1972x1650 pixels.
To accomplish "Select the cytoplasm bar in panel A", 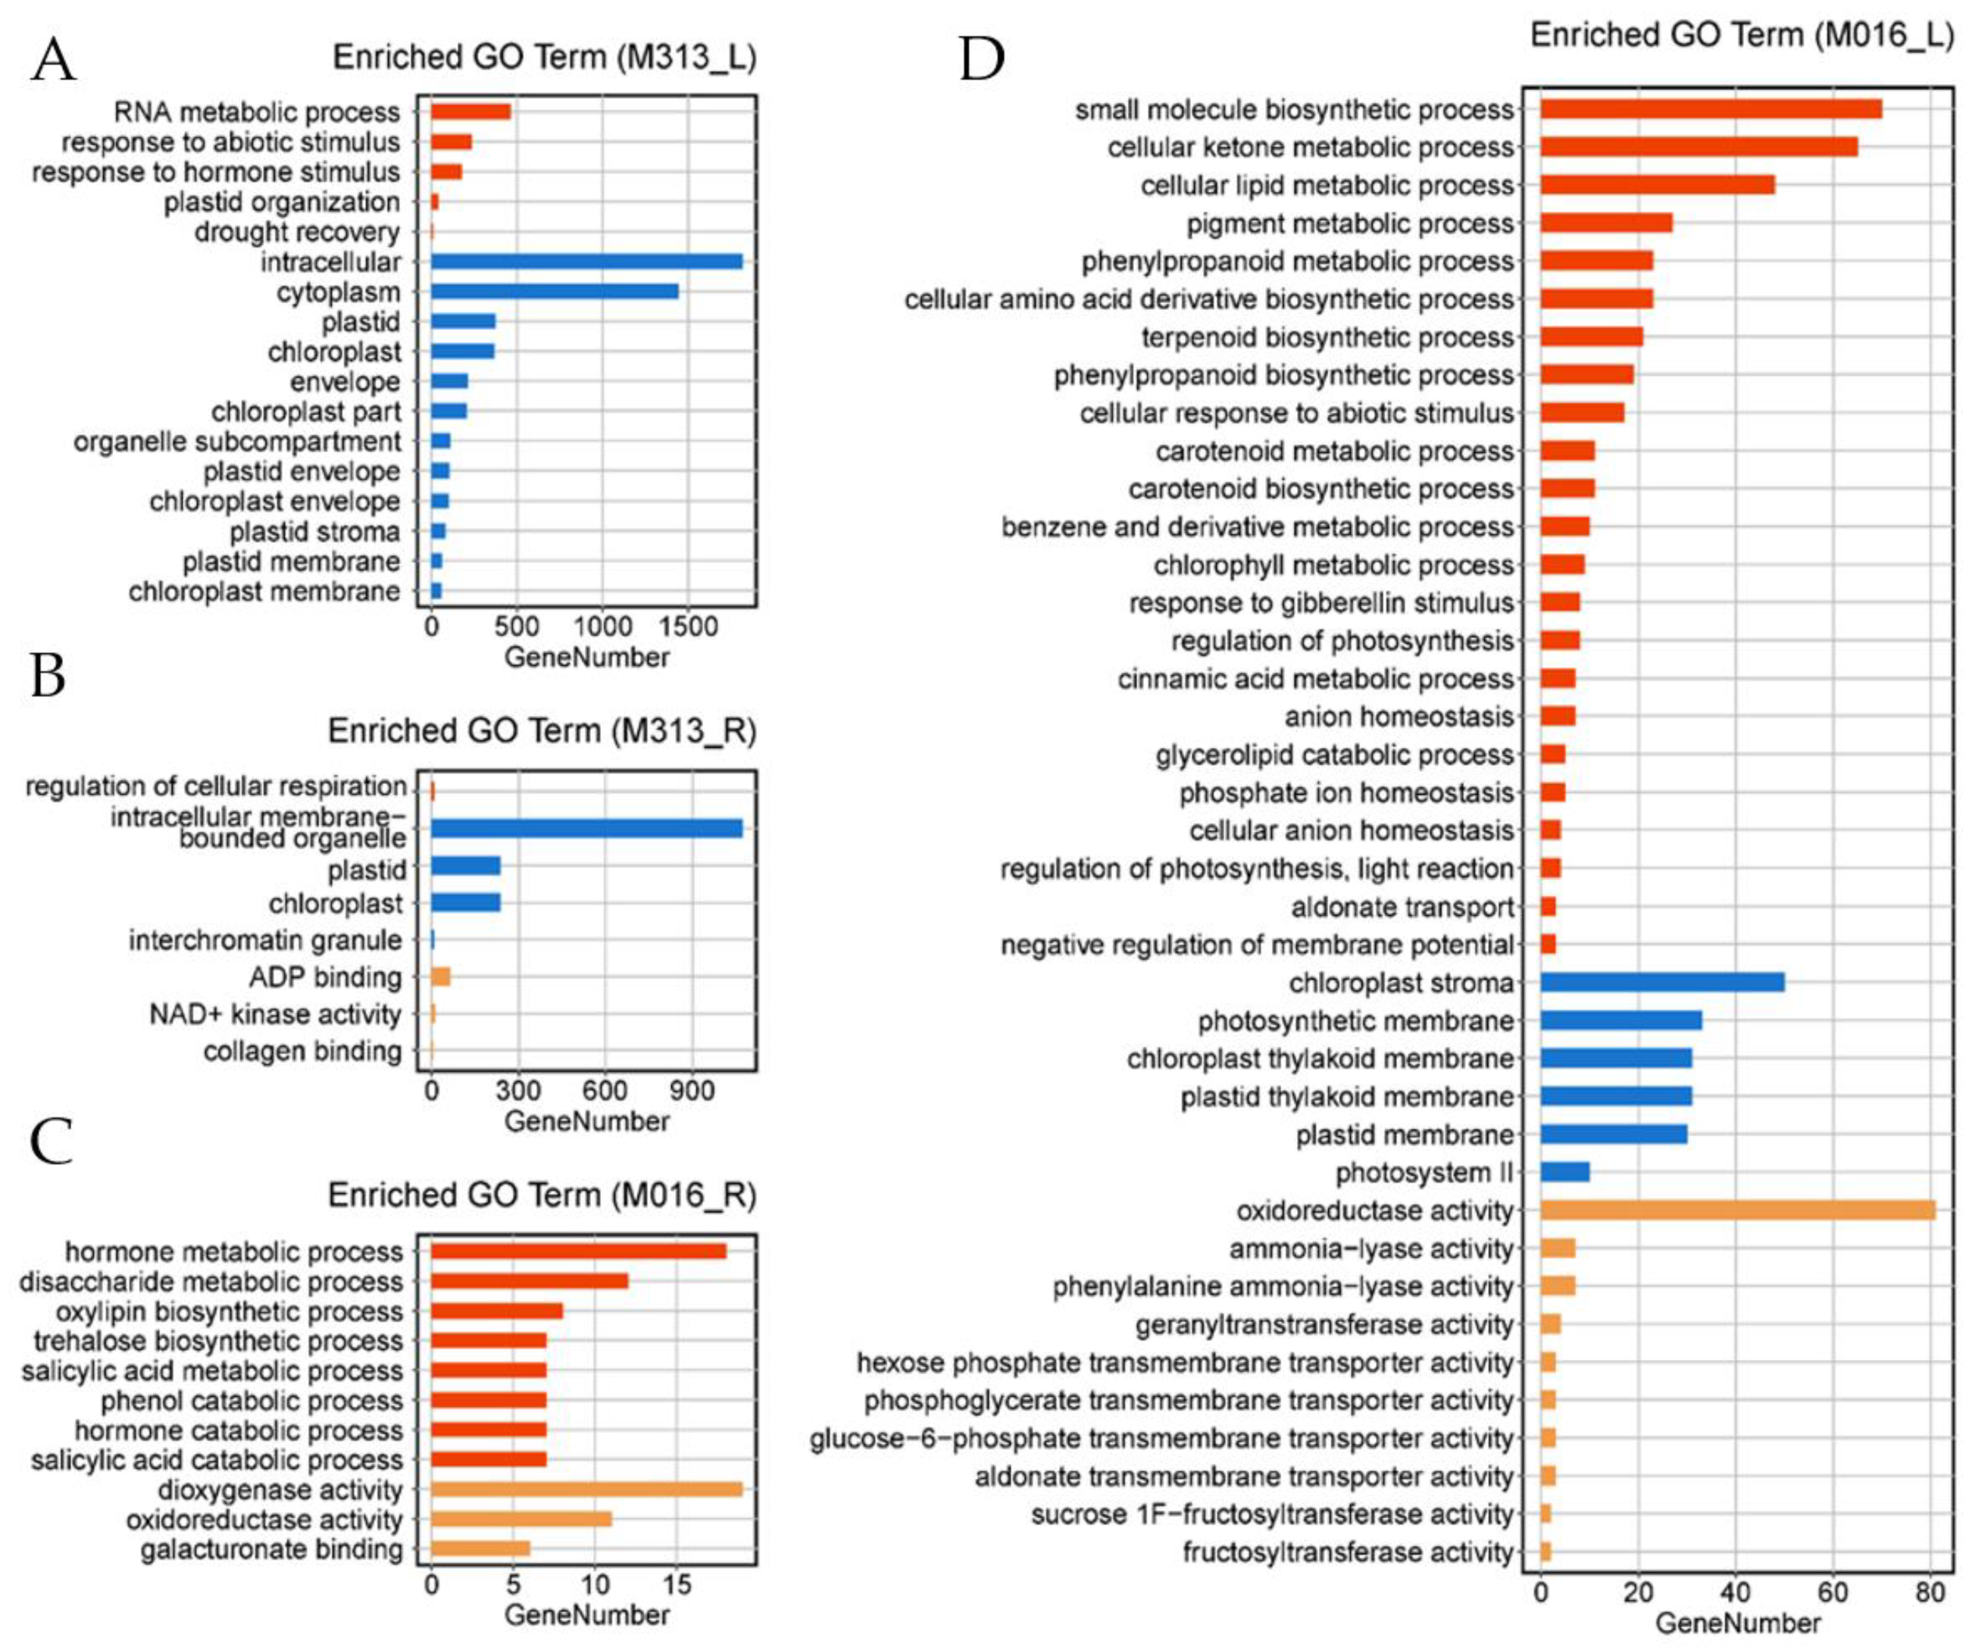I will [554, 291].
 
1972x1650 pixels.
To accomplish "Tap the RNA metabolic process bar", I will [470, 112].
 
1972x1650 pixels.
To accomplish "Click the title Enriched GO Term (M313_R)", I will [541, 730].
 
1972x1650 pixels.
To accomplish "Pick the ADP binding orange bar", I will [440, 977].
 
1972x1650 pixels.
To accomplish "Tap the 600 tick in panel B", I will [604, 1090].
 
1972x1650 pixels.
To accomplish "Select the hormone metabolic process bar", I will [579, 1251].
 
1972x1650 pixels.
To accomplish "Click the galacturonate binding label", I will [271, 1549].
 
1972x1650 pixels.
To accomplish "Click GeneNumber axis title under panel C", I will [587, 1615].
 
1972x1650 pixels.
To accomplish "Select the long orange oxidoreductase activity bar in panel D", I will [1737, 1211].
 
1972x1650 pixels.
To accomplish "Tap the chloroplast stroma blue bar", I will [1662, 983].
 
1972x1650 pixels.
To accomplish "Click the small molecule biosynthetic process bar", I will [1711, 110].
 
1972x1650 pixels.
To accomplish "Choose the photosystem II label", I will [1424, 1173].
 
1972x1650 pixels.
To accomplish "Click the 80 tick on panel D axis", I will [1930, 1592].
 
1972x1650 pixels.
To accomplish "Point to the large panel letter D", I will [980, 58].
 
